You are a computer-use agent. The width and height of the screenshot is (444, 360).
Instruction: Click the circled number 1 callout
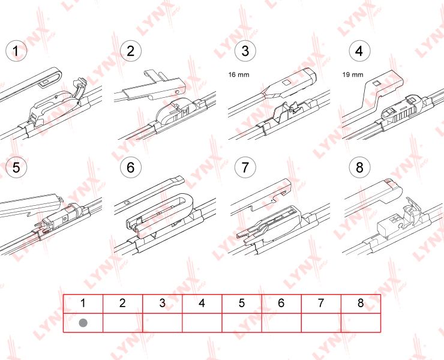[16, 51]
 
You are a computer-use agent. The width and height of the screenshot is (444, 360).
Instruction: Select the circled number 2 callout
[131, 51]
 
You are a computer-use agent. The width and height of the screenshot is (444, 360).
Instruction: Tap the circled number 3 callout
[245, 51]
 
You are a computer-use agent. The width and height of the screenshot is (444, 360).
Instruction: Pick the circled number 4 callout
[359, 51]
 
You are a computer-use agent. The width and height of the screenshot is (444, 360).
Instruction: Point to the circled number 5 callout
[16, 167]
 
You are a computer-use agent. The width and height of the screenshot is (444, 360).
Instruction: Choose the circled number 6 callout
[131, 167]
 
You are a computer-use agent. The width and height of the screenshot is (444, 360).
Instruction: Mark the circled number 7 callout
[245, 167]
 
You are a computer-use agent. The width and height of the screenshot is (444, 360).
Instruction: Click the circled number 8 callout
[359, 167]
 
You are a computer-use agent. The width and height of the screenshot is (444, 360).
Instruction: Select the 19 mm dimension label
[353, 75]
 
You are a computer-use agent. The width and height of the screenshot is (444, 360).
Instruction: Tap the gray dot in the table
[83, 322]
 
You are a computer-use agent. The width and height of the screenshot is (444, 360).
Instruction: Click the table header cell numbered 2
[122, 304]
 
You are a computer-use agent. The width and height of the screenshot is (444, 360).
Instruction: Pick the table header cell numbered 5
[241, 304]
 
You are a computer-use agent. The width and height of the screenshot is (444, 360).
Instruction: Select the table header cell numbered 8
[360, 304]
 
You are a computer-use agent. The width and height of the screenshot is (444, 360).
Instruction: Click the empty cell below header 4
[202, 322]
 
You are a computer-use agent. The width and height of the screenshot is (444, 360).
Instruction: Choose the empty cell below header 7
[320, 322]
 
